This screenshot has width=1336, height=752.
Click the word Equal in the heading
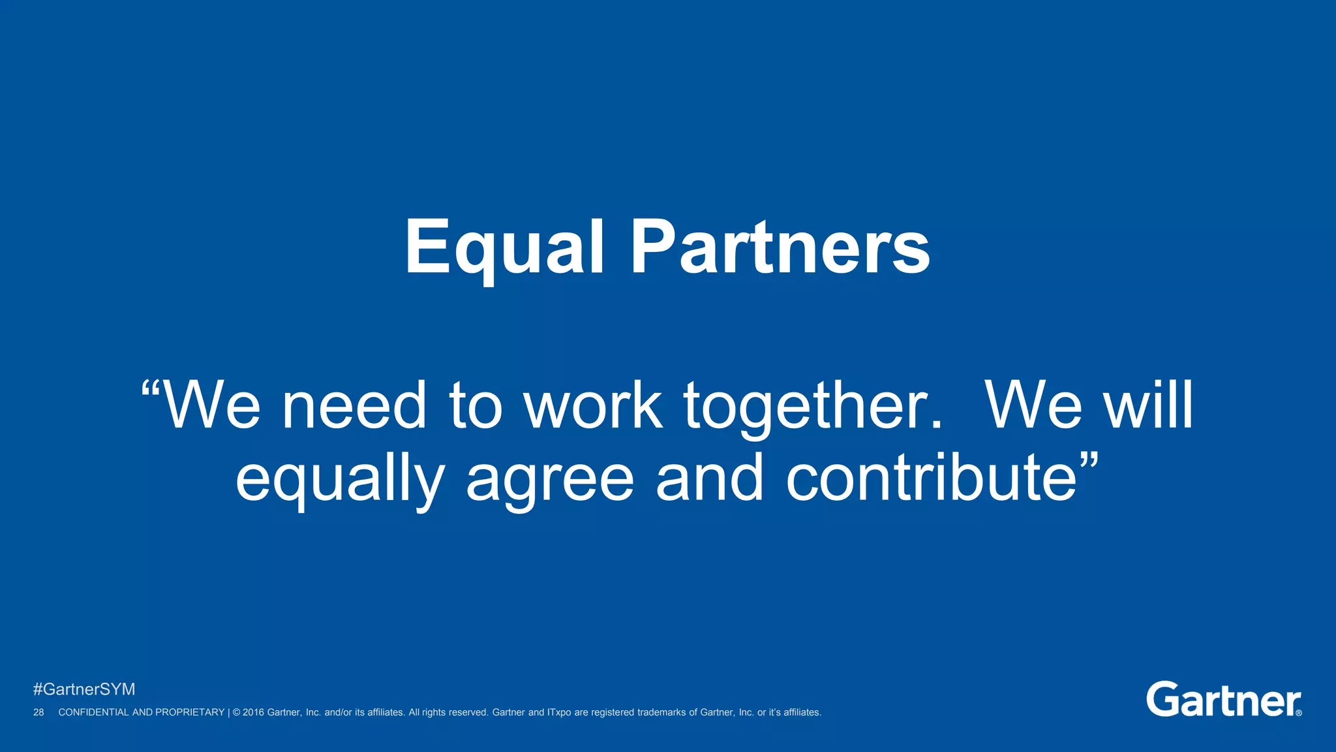[504, 248]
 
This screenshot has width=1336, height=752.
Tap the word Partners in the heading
[780, 248]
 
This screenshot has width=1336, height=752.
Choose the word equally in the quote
[340, 480]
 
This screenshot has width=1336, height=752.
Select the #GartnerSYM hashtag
[84, 689]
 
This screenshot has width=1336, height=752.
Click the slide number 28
[38, 712]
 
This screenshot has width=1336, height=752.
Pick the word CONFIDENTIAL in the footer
[94, 712]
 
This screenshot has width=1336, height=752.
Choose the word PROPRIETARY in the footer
[189, 712]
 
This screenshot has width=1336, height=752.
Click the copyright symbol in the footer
[236, 712]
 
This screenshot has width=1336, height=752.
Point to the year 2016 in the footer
[253, 712]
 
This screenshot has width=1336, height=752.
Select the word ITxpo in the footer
[559, 712]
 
